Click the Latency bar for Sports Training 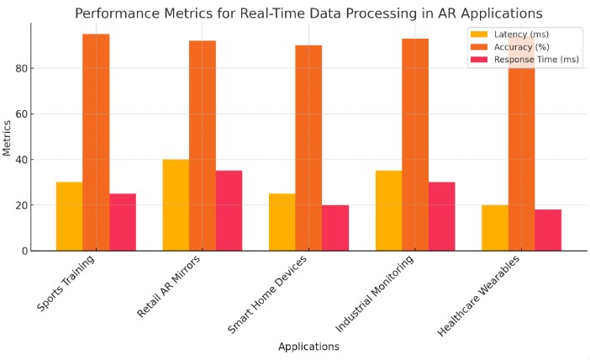[69, 216]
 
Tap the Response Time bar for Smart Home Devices [335, 228]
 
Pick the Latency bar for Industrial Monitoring [388, 210]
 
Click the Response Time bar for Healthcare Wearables [548, 230]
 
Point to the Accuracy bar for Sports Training [96, 142]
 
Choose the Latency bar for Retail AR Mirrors [176, 205]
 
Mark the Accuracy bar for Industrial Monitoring [415, 145]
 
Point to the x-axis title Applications [308, 347]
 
